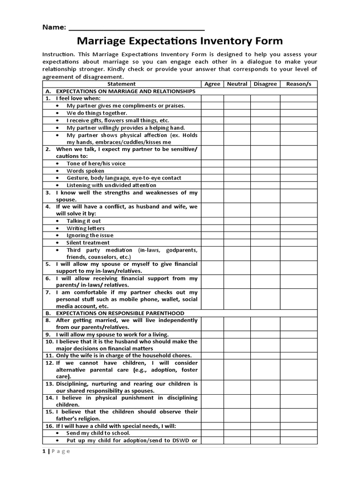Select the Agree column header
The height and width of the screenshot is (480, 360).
pyautogui.click(x=212, y=84)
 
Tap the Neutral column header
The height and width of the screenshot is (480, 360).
pyautogui.click(x=237, y=84)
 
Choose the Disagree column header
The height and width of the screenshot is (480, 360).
pyautogui.click(x=265, y=84)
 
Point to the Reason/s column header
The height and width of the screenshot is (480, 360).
pyautogui.click(x=299, y=84)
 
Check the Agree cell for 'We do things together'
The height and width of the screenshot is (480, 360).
pyautogui.click(x=212, y=113)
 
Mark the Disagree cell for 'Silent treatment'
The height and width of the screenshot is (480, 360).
pyautogui.click(x=265, y=243)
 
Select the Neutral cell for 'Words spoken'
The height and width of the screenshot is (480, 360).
pyautogui.click(x=237, y=171)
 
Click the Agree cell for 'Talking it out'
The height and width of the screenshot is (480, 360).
pyautogui.click(x=212, y=221)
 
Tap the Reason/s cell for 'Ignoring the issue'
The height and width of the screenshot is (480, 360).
pyautogui.click(x=299, y=235)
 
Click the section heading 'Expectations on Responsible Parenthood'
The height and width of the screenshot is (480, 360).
pyautogui.click(x=120, y=313)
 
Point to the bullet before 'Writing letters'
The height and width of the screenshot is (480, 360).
pyautogui.click(x=57, y=228)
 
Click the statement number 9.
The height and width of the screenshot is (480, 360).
pyautogui.click(x=48, y=335)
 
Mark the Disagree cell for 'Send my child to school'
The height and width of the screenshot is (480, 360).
pyautogui.click(x=265, y=433)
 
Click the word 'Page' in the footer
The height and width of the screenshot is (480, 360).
pyautogui.click(x=60, y=451)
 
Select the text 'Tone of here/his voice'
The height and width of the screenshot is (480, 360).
pyautogui.click(x=96, y=164)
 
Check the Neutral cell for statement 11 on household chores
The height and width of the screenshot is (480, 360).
pyautogui.click(x=237, y=356)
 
